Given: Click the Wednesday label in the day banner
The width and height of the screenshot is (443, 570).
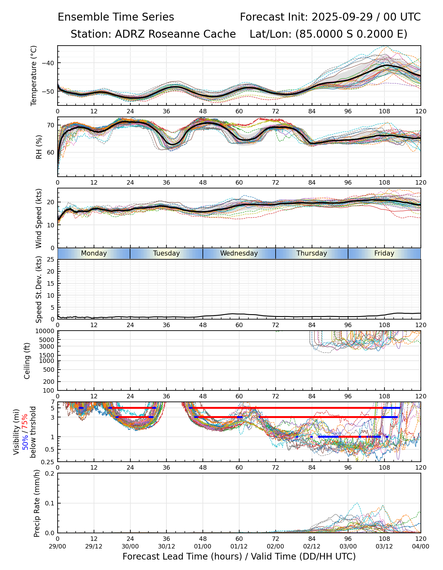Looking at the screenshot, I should (239, 253).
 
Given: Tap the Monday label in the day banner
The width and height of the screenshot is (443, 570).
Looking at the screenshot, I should (94, 253).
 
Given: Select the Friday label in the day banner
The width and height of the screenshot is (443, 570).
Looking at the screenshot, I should (384, 253).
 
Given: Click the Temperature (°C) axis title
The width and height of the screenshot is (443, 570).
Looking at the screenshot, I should (34, 75).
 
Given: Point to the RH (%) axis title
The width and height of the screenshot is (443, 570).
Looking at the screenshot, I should (39, 147).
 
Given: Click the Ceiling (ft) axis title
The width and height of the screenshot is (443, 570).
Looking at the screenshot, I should (27, 361).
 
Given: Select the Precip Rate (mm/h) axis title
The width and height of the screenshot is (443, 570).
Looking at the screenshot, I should (37, 503).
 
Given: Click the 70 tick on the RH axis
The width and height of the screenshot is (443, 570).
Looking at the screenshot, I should (50, 125).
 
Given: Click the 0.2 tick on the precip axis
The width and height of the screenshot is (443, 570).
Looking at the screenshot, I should (50, 473).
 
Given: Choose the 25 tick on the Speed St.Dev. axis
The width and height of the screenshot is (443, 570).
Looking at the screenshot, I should (50, 260).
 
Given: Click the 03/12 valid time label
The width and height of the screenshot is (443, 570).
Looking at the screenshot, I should (384, 546).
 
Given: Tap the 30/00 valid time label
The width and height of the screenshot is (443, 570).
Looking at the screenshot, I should (130, 546).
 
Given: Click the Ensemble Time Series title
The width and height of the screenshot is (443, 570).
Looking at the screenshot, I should (116, 17).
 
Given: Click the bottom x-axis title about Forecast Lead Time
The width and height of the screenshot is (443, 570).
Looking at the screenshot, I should (239, 556).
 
